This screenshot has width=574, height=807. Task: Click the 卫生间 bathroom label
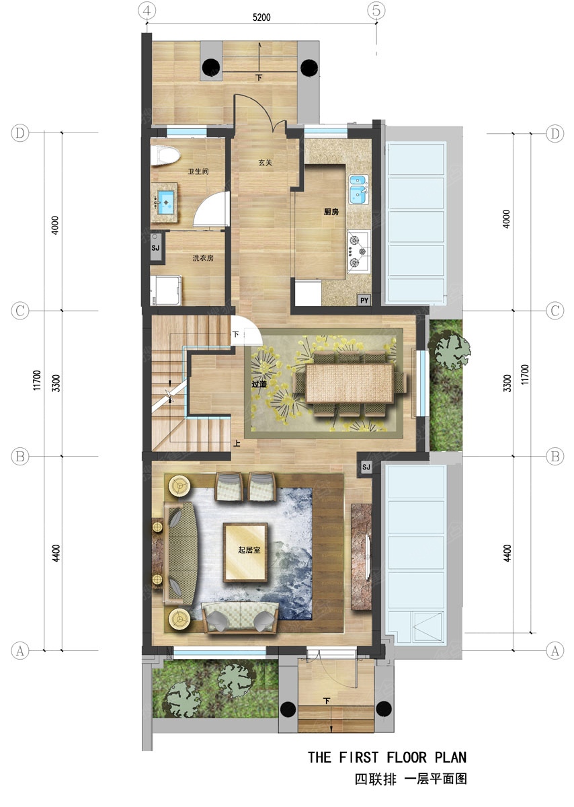point(198,171)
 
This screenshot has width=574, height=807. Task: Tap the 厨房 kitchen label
point(331,212)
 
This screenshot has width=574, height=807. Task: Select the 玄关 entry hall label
point(265,163)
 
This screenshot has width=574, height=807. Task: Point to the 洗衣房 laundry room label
point(203,258)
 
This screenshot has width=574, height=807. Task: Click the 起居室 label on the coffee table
point(249,550)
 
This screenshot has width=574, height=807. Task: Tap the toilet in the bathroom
point(165,155)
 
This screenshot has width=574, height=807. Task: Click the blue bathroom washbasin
point(166,202)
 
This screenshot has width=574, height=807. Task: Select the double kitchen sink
point(359,190)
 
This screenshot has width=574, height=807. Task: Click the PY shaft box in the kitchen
point(364,300)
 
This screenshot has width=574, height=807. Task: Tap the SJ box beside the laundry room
point(156,247)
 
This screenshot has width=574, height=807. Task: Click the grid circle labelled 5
point(376,11)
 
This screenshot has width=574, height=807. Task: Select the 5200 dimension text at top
point(261,17)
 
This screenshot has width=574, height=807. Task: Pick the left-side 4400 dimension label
point(56,553)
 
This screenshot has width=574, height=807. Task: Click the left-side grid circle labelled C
point(19,310)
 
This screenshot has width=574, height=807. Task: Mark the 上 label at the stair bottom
point(237,443)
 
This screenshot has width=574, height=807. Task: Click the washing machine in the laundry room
point(166,291)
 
